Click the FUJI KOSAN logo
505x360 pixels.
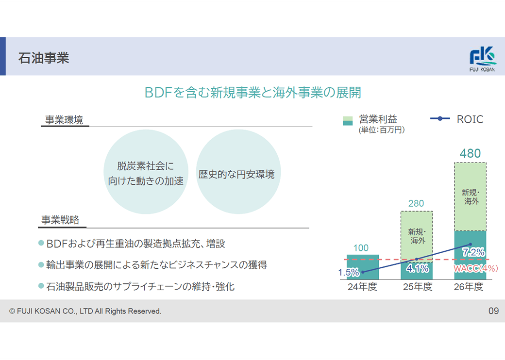coord(482,59)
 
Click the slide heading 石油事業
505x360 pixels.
coord(44,58)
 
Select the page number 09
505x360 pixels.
coord(493,311)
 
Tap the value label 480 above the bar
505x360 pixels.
coord(470,153)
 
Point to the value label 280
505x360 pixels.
coord(416,203)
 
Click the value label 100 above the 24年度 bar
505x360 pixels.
coord(361,248)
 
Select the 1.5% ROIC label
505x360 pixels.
coord(349,273)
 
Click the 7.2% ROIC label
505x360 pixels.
coord(473,252)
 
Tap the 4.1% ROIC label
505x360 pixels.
coord(418,268)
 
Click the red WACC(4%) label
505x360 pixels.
coord(476,268)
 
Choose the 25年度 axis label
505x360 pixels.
coord(418,286)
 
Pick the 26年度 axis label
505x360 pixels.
coord(469,286)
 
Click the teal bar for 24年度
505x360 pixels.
coord(363,267)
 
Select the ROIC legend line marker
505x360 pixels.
coord(440,119)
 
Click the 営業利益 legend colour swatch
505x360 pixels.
coord(348,121)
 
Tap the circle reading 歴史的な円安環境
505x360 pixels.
coord(238,172)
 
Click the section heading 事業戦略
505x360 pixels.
coord(60,220)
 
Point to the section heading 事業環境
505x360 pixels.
coord(64,120)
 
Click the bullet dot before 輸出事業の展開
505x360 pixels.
coord(41,265)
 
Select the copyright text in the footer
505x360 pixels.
coord(85,311)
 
